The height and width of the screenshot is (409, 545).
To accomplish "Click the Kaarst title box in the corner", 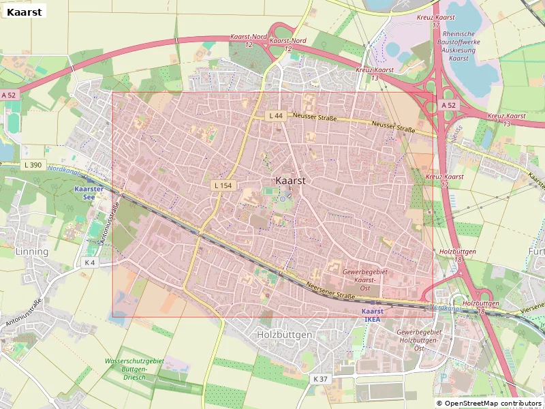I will coord(24,12).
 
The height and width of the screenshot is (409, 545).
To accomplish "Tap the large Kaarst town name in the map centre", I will coord(291,181).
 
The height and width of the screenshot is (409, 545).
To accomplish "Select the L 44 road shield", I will coord(276,116).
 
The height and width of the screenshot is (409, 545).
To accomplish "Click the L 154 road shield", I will coord(223,185).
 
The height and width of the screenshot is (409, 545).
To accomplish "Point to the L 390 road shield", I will coord(32,165).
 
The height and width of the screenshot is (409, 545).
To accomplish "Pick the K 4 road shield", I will coord(90,262).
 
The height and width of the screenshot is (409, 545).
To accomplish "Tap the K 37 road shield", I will coord(320,378).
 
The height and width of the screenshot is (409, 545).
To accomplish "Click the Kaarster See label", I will coord(89,192).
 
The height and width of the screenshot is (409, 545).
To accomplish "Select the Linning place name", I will coord(31,252).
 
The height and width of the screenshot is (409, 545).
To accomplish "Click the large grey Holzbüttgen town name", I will coord(284,335).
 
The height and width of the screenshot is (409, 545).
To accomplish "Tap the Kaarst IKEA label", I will coord(371,315).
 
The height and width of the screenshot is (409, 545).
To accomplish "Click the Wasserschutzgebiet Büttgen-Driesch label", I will coord(134,369).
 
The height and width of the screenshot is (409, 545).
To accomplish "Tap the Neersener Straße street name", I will coord(331,292).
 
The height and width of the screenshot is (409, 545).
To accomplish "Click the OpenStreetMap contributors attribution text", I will coord(488,404).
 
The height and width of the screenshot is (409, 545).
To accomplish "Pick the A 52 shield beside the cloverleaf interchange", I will coord(448,105).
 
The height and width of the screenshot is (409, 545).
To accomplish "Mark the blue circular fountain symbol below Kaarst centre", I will coord(283,200).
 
